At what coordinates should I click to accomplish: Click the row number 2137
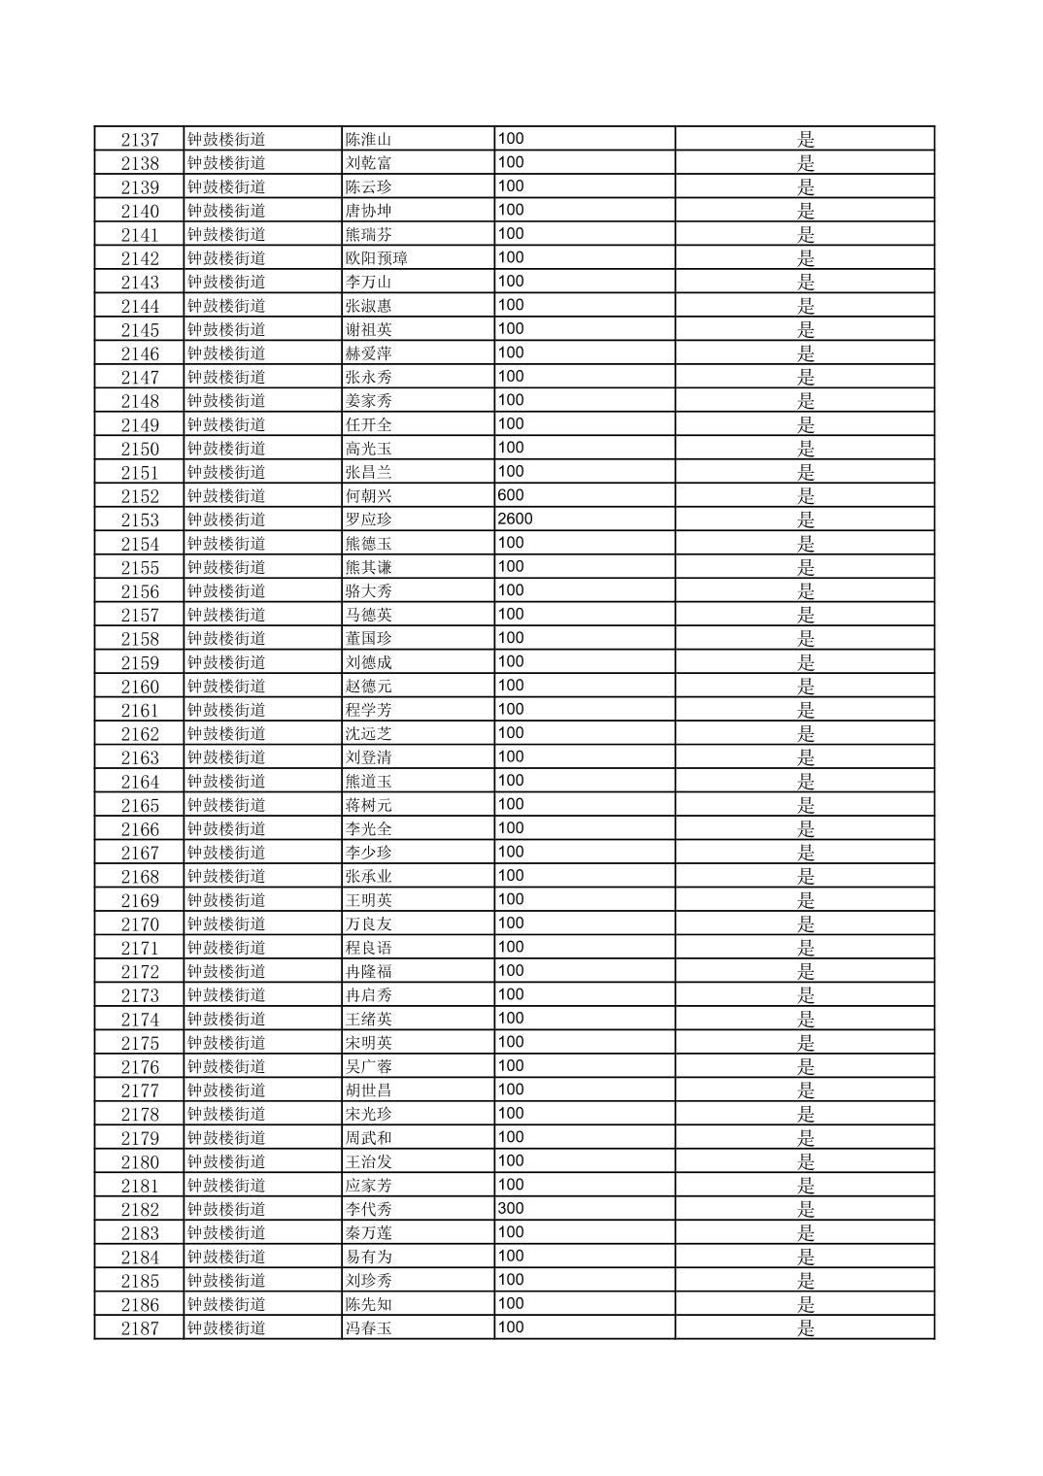[x=140, y=140]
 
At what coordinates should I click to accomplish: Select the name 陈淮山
[x=368, y=140]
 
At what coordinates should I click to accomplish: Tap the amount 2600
[x=515, y=520]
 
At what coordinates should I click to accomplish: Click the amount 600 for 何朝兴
[x=510, y=495]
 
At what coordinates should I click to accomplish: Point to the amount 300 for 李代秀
[x=510, y=1209]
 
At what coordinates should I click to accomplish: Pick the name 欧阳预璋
[x=376, y=258]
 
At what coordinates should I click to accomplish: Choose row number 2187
[x=140, y=1328]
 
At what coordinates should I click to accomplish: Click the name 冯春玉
[x=368, y=1328]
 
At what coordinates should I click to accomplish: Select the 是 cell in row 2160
[x=805, y=687]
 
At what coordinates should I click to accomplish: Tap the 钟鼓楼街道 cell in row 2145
[x=226, y=330]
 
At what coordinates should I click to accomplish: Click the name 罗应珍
[x=368, y=520]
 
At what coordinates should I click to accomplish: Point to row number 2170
[x=140, y=924]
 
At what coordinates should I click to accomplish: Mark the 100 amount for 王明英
[x=510, y=900]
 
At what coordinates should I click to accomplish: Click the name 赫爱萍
[x=368, y=353]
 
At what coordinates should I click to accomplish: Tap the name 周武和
[x=368, y=1138]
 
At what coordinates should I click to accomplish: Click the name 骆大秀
[x=368, y=591]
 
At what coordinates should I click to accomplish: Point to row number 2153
[x=140, y=520]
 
